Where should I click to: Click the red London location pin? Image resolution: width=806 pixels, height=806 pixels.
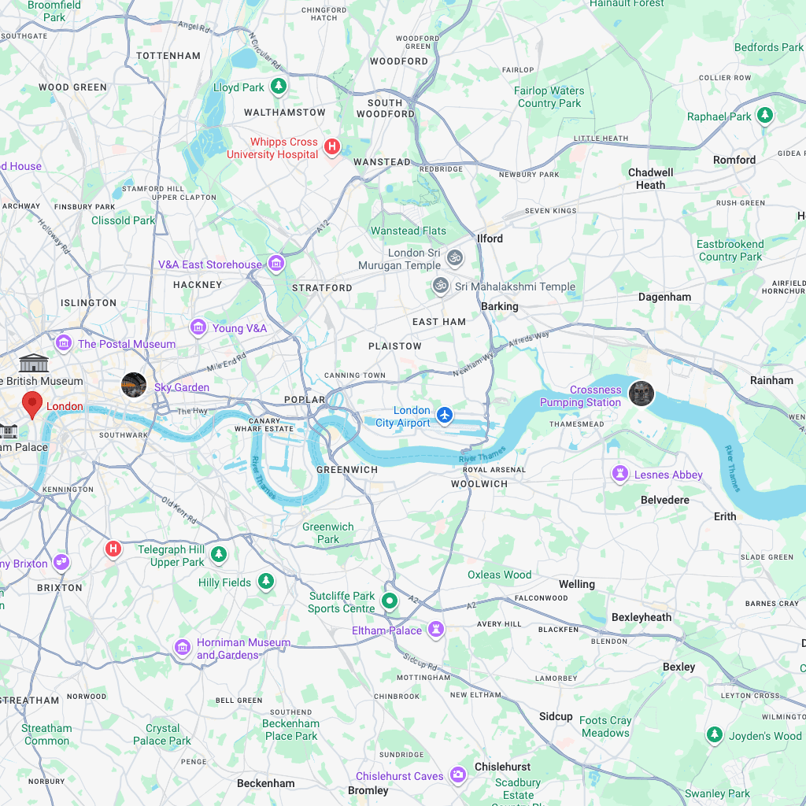point(32,403)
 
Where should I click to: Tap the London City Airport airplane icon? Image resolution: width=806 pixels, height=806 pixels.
point(446,415)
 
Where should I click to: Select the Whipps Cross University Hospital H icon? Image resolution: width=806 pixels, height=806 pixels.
point(332,146)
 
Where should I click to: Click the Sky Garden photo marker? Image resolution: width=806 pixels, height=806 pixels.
point(133,386)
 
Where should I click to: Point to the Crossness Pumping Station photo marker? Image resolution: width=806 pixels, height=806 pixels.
point(641,394)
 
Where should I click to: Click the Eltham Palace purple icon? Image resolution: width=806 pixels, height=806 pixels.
point(436,630)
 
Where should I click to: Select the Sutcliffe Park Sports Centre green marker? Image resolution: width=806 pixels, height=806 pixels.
point(389,602)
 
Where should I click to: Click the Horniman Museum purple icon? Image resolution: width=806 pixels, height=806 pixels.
point(183,647)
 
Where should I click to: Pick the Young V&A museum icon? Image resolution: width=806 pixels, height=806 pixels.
point(198,327)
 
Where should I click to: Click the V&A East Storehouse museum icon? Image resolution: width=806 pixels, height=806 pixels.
point(275,264)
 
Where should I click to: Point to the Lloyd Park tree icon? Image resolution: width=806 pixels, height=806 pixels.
point(278,86)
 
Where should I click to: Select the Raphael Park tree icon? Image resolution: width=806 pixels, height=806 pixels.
point(764,116)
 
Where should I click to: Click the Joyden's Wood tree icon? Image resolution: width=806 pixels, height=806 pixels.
point(714,735)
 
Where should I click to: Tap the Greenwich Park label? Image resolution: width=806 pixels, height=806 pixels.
point(328,533)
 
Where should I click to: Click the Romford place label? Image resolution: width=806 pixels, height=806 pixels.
point(734,160)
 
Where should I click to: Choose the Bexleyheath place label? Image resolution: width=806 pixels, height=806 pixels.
point(641,617)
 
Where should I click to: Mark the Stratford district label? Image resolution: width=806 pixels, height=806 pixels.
point(322,287)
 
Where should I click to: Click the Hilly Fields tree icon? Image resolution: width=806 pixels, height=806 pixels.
point(267,582)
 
